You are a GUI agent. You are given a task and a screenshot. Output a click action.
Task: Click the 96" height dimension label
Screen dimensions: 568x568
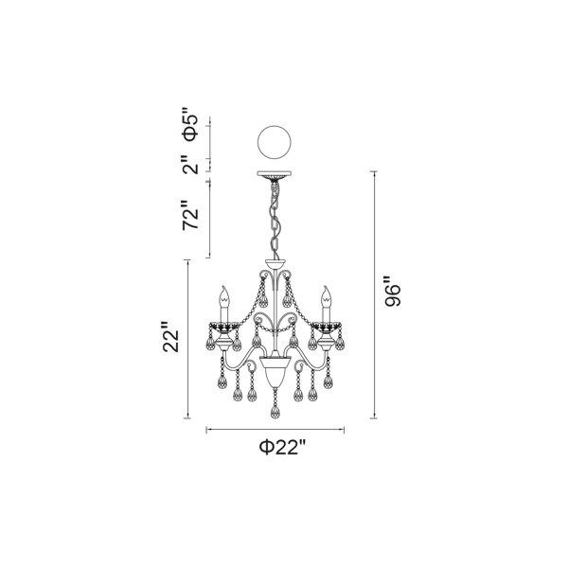click(393, 292)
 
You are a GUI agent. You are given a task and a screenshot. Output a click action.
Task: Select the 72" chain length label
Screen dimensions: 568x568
click(190, 215)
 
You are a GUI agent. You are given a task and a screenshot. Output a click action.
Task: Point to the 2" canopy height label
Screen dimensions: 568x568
click(190, 165)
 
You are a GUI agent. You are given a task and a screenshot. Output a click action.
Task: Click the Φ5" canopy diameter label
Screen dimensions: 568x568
click(190, 124)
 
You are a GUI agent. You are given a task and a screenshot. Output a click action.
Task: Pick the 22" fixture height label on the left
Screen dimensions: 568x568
click(171, 336)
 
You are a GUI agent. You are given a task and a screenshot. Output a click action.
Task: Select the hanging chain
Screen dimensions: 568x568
click(275, 221)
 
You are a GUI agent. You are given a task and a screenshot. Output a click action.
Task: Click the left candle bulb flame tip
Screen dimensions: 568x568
click(224, 287)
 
